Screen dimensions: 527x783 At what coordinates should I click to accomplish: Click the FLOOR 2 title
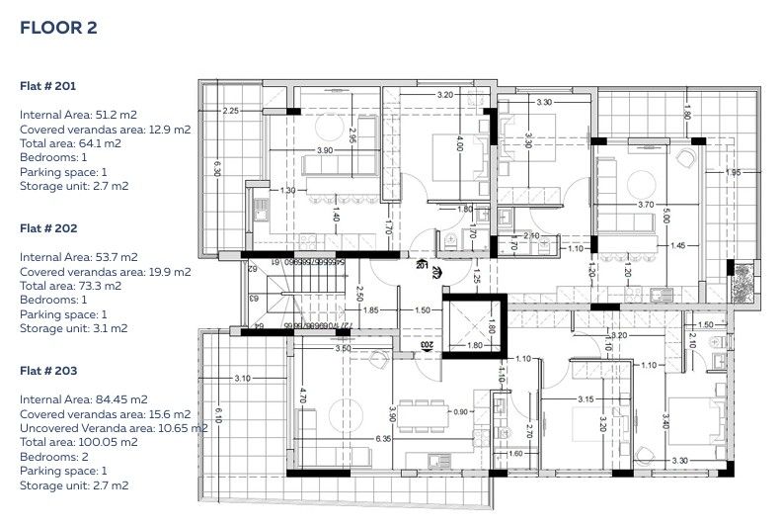click(x=58, y=28)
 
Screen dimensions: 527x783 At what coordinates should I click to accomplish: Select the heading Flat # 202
click(x=47, y=227)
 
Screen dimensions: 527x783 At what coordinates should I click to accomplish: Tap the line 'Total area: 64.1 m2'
click(x=70, y=143)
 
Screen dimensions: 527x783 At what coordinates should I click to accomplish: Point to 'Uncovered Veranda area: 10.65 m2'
click(x=114, y=428)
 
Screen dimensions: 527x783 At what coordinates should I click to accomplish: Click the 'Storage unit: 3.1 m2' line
click(x=74, y=328)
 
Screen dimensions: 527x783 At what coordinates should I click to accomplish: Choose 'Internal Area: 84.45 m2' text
click(x=83, y=399)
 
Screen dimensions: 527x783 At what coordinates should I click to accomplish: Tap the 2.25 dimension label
click(x=230, y=111)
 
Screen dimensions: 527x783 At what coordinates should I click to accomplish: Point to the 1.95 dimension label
click(x=733, y=173)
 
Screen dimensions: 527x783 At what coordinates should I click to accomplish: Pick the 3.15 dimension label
click(x=585, y=399)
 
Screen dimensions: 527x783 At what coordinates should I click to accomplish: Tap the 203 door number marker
click(x=426, y=345)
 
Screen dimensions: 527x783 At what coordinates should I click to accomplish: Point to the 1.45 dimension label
click(x=677, y=245)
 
